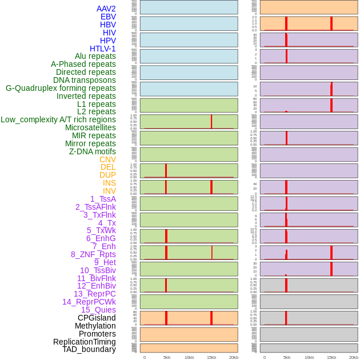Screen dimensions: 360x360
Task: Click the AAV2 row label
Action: point(106,9)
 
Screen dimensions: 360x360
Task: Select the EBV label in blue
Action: point(108,17)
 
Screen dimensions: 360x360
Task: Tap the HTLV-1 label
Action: point(103,49)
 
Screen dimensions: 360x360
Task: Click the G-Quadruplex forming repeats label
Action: point(61,88)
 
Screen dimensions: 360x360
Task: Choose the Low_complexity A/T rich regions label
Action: point(58,119)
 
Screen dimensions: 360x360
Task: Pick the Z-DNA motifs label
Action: point(93,151)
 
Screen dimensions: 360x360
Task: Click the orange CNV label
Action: point(107,159)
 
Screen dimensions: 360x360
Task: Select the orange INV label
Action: point(109,191)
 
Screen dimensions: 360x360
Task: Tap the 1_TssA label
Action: point(103,199)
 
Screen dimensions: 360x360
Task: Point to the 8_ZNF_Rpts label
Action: point(93,254)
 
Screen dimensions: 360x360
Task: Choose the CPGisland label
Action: point(97,318)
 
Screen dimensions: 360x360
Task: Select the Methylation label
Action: point(95,326)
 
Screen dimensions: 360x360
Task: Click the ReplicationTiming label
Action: point(85,342)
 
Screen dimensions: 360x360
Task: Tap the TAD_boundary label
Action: point(89,349)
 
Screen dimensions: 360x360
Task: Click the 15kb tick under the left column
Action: point(211,357)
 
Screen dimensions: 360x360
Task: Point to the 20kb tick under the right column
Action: point(353,357)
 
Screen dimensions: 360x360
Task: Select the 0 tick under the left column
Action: point(144,357)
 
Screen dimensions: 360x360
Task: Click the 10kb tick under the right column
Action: point(309,357)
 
